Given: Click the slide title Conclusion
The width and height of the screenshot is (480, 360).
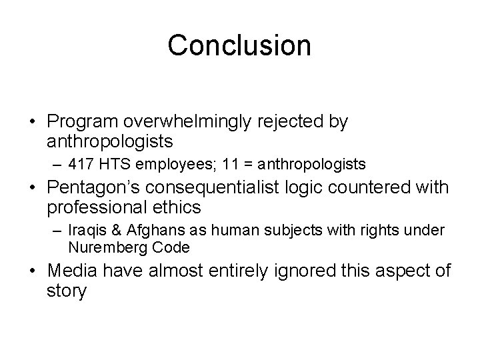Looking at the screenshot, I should pos(239,45).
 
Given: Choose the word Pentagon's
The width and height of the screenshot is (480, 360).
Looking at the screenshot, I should pos(94,188).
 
